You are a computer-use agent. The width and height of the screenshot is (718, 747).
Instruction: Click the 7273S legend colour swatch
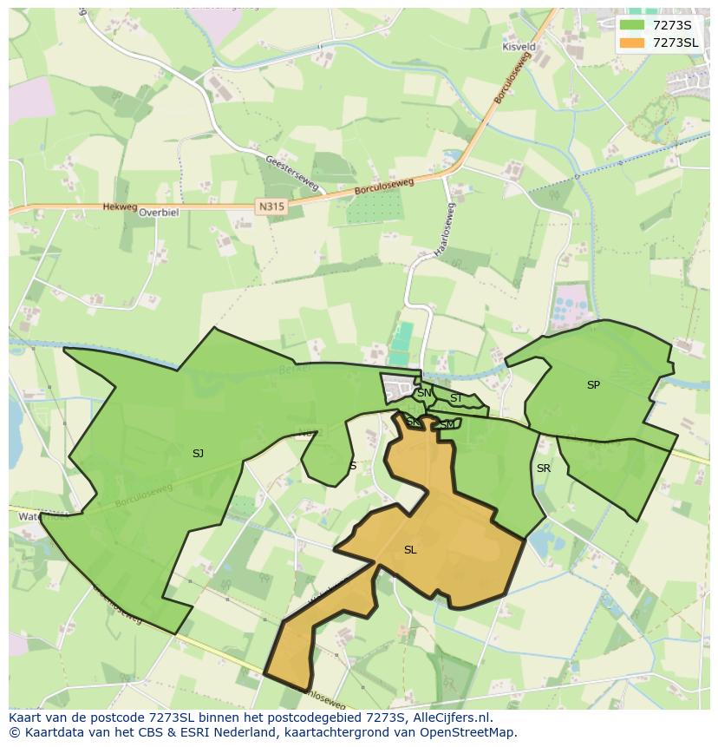pyautogui.click(x=633, y=24)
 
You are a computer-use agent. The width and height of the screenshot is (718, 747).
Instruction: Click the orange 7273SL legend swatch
pyautogui.click(x=633, y=43)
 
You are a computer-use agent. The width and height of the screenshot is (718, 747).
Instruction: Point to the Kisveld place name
pyautogui.click(x=519, y=47)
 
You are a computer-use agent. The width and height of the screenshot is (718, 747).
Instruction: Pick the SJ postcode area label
pyautogui.click(x=198, y=454)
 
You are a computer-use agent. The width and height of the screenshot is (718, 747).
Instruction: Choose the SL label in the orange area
pyautogui.click(x=410, y=550)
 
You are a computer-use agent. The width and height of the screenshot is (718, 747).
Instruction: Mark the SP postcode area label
pyautogui.click(x=593, y=385)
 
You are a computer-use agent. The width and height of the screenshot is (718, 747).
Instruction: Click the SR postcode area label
pyautogui.click(x=544, y=469)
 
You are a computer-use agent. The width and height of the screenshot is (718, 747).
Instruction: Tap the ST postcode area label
pyautogui.click(x=455, y=399)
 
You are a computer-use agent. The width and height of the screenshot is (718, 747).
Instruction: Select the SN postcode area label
pyautogui.click(x=424, y=393)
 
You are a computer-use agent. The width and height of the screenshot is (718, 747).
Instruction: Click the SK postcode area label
pyautogui.click(x=414, y=423)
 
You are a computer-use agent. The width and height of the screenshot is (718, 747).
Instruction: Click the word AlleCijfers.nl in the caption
pyautogui.click(x=452, y=718)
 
